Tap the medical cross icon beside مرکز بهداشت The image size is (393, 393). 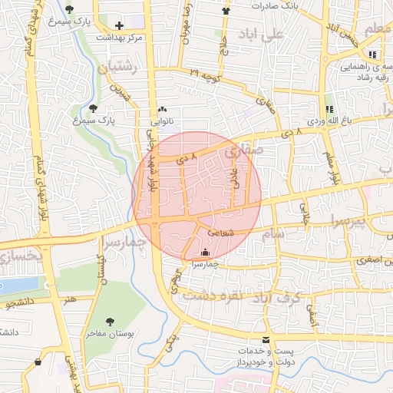point(119,25)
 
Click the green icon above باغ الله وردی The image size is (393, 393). point(330,110)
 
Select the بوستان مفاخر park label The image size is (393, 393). point(109,335)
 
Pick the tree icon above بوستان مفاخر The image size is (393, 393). point(110,322)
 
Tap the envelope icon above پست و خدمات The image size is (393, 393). point(266,339)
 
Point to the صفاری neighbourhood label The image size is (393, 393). point(245,151)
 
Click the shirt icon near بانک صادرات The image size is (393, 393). point(225,11)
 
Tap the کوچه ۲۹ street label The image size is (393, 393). point(206,74)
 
